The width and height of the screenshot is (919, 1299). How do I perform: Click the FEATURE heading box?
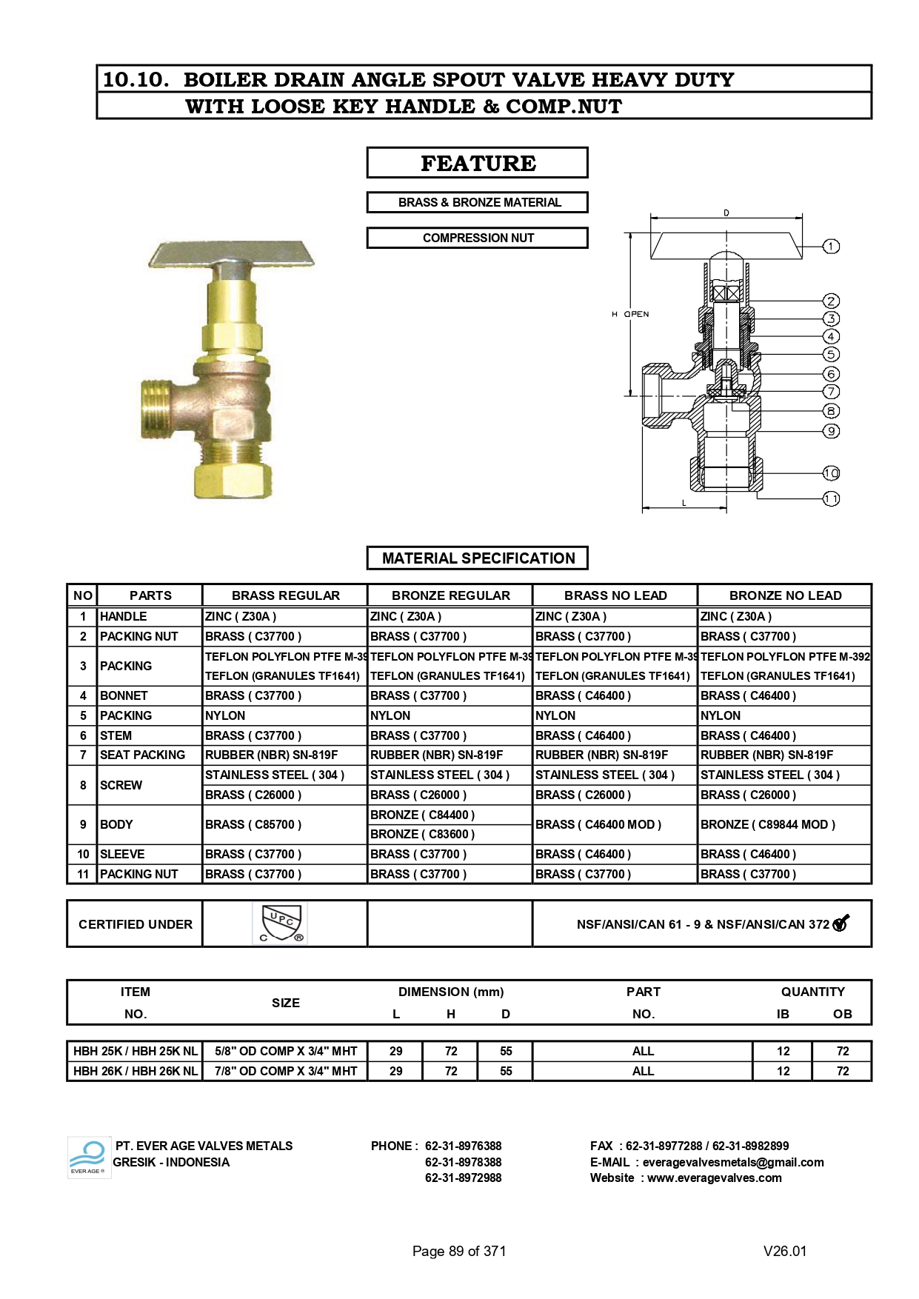pos(478,163)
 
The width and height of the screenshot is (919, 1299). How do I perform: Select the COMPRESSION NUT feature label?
pos(478,238)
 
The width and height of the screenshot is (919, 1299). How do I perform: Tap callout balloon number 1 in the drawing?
pos(832,246)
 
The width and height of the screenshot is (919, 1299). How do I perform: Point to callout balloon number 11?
pos(832,499)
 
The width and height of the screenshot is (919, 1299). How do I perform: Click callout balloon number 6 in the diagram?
pos(832,374)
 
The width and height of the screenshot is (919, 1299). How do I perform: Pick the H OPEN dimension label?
pos(631,314)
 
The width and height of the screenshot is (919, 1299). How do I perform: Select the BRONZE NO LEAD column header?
pos(785,595)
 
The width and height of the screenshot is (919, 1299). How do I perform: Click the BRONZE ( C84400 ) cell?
pos(422,815)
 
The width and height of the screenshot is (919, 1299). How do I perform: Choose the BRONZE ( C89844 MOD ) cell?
pos(767,824)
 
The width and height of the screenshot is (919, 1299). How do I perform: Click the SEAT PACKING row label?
pos(143,755)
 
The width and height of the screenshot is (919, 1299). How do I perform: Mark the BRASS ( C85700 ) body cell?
pos(253,824)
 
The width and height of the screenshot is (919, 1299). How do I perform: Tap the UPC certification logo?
pos(281,923)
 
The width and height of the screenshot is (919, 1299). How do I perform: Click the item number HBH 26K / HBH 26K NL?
pos(136,1071)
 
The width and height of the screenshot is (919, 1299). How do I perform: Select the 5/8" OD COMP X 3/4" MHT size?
pos(286,1051)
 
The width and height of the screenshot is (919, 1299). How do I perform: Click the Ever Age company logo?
pos(89,1157)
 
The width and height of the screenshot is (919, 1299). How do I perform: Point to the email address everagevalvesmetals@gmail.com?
pos(733,1162)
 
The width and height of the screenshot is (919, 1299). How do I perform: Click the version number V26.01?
pos(785,1251)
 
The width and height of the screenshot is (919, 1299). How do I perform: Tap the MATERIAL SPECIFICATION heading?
pos(478,558)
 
